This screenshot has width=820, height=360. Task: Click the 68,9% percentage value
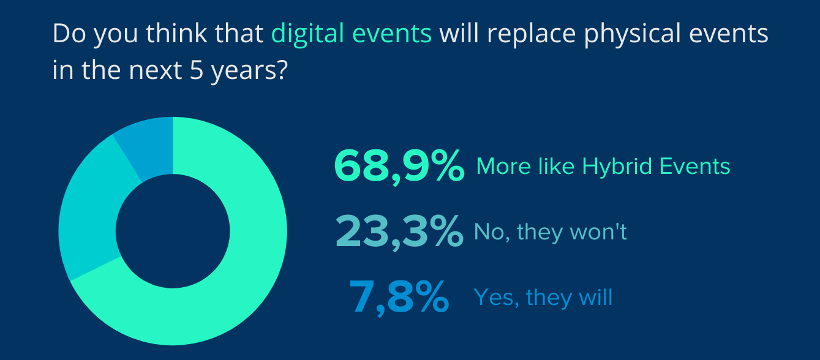point(399,167)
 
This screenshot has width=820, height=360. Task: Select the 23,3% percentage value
point(399,232)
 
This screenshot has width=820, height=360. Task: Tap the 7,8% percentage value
point(399,297)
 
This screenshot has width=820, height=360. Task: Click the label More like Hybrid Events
point(603,167)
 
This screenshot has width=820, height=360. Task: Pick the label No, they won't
point(550,232)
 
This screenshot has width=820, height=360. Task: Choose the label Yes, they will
point(543,298)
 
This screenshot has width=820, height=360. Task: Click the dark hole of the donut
point(173,231)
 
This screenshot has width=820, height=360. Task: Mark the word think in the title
point(176,34)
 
